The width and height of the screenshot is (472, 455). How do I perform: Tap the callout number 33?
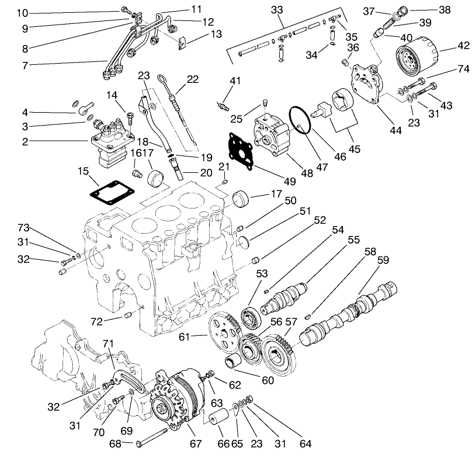point(277,10)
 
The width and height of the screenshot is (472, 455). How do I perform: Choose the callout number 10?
point(22,13)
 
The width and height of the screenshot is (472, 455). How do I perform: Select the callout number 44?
point(395,131)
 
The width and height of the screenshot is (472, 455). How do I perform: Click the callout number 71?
point(107,343)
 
